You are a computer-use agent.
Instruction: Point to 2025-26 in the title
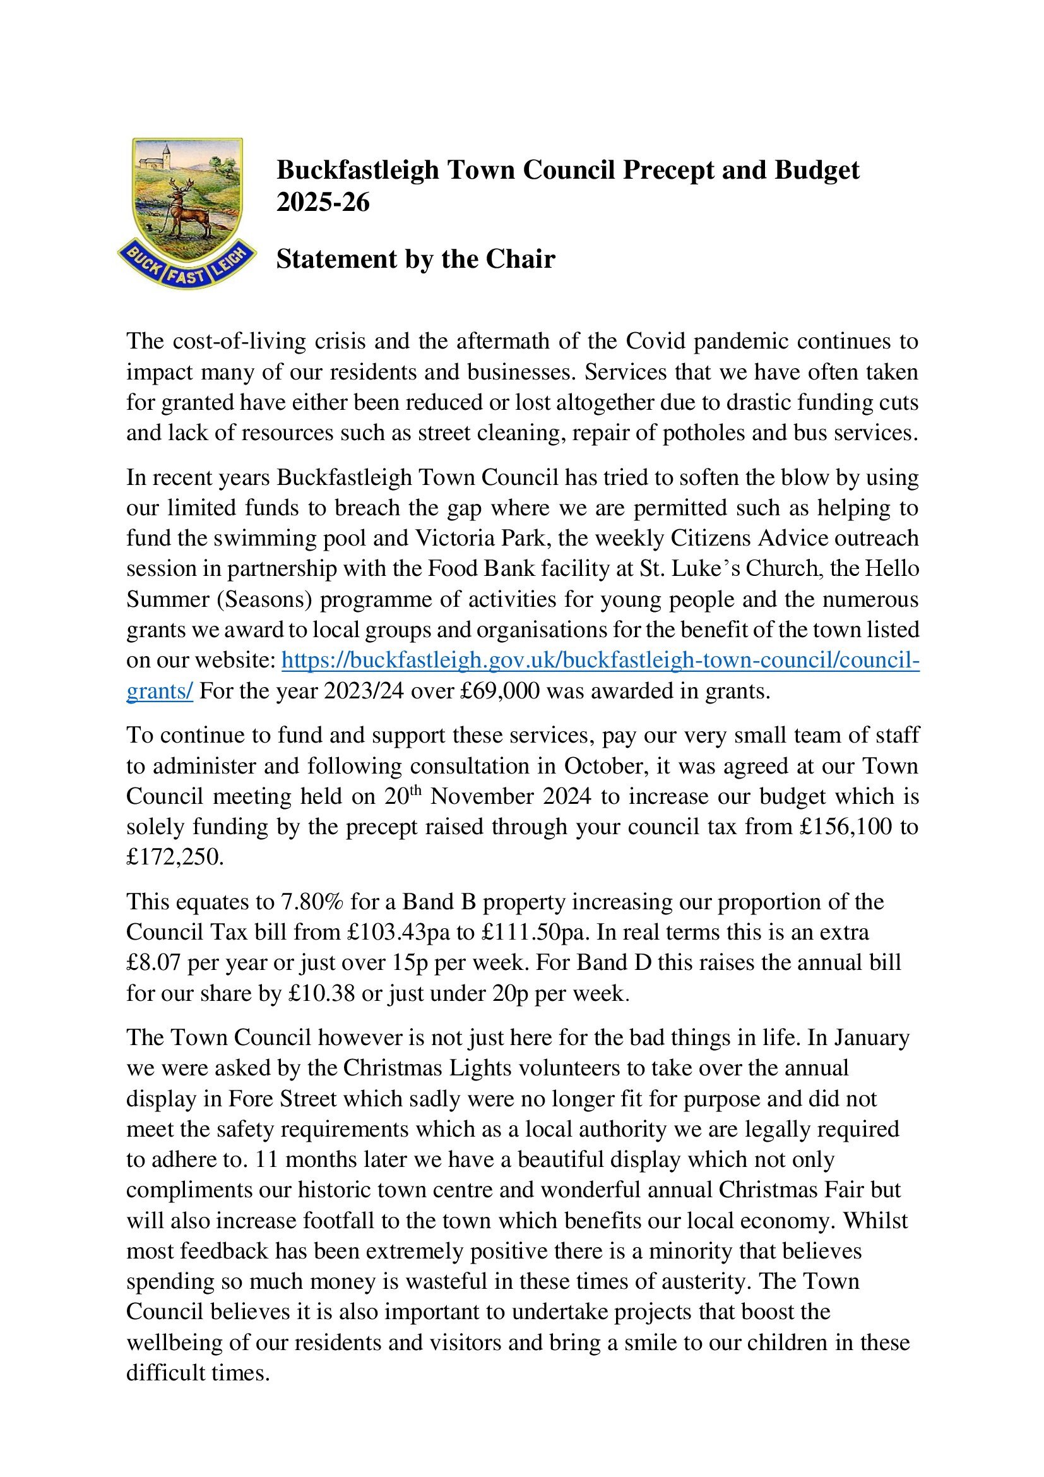coord(323,202)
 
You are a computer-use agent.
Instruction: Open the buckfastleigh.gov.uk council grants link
coord(600,660)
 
